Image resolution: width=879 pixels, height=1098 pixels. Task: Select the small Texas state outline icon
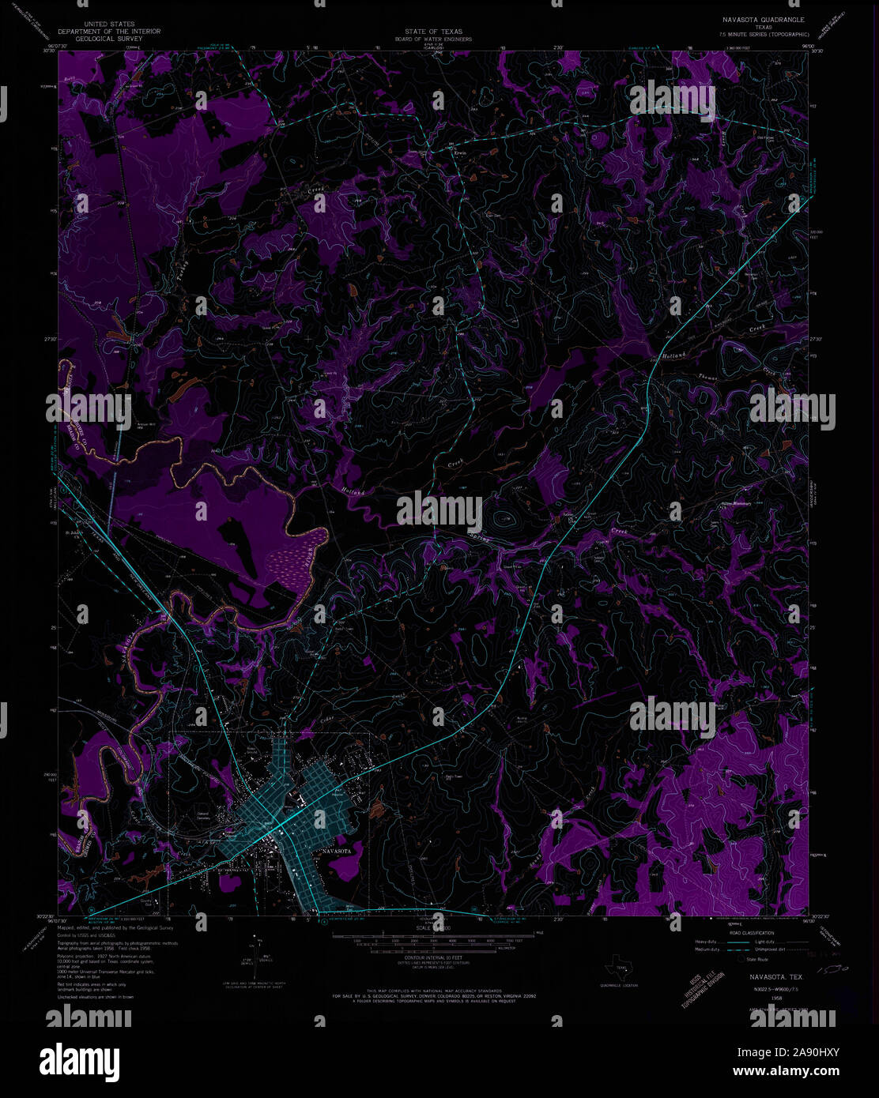click(619, 965)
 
